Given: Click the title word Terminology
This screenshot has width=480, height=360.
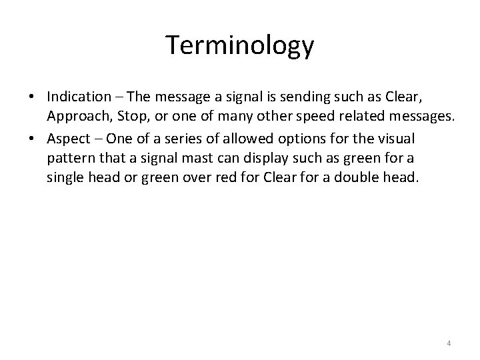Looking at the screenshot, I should click(240, 45).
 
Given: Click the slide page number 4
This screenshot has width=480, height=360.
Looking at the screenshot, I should click(449, 343).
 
